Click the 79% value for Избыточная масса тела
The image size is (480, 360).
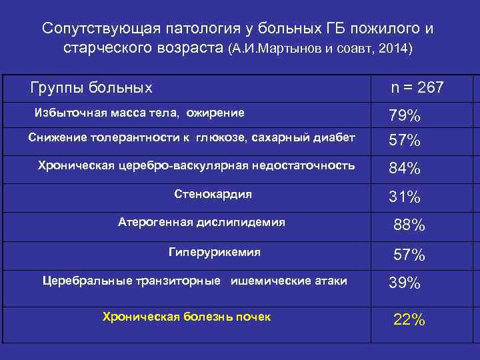405,116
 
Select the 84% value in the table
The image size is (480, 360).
405,169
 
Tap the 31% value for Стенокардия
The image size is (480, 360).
405,197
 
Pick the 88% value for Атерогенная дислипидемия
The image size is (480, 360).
409,225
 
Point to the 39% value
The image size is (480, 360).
405,283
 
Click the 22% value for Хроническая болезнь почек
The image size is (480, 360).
409,319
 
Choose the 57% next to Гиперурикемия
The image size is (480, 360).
409,255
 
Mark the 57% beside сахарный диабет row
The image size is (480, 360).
405,140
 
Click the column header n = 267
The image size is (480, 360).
417,88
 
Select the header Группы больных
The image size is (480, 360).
92,88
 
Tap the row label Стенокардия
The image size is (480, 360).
213,194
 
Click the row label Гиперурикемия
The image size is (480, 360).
214,253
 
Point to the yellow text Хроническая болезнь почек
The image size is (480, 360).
187,317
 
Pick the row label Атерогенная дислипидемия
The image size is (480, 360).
201,222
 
